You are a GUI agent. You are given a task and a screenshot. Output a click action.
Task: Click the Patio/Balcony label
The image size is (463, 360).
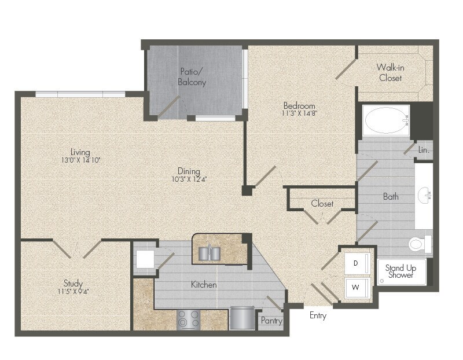tap(192, 77)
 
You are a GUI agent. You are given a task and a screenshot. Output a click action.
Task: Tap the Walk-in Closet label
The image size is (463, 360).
tap(390, 73)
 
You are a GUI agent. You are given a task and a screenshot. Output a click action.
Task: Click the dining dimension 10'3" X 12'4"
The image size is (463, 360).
tap(189, 179)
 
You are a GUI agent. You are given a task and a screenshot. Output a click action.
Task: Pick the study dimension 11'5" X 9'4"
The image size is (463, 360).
tap(73, 291)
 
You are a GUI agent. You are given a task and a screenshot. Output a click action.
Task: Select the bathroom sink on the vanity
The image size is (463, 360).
tap(427, 196)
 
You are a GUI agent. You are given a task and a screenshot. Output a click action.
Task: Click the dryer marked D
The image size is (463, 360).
tap(356, 263)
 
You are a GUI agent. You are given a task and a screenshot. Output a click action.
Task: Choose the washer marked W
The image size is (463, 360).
tap(356, 287)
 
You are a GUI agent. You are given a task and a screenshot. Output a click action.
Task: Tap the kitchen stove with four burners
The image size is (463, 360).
tap(188, 319)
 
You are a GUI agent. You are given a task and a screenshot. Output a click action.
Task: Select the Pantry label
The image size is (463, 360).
tap(271, 321)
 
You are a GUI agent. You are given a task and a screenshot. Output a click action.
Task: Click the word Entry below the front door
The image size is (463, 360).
tap(318, 315)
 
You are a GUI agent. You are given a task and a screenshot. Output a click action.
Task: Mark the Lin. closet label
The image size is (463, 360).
tap(424, 150)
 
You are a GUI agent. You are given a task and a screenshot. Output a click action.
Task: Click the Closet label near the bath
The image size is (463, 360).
tap(322, 204)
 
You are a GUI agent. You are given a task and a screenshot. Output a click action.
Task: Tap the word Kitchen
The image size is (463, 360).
tap(204, 285)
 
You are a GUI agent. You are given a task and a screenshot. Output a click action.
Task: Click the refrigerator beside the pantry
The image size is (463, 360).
tap(242, 318)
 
